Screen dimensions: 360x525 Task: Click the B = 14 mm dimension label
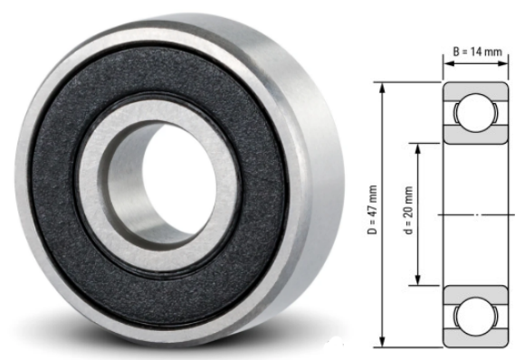(476, 52)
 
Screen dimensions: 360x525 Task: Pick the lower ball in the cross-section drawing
(475, 316)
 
